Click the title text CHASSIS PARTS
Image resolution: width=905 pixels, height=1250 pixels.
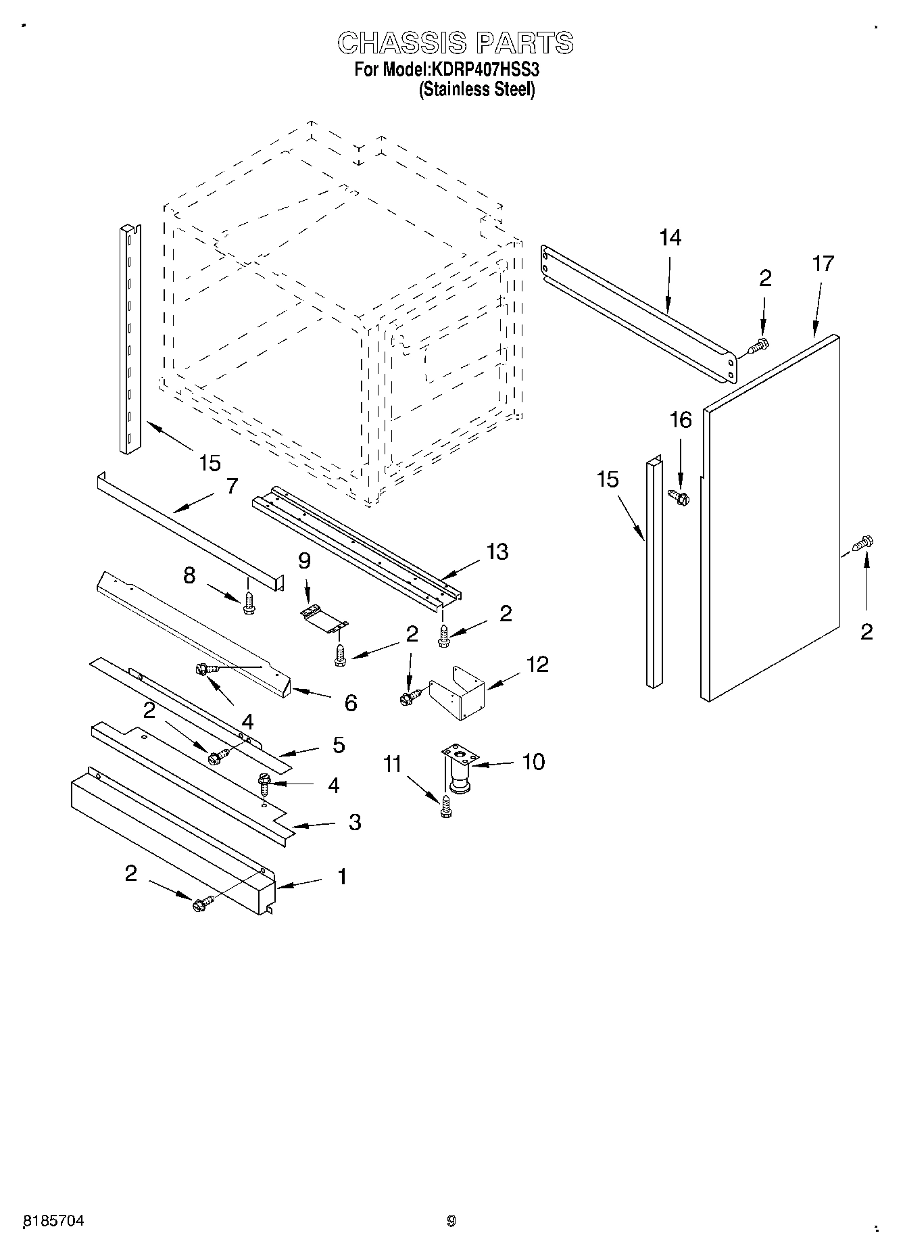pyautogui.click(x=455, y=43)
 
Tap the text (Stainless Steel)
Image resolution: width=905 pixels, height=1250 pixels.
pyautogui.click(x=476, y=89)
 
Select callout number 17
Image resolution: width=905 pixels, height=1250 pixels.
pyautogui.click(x=823, y=264)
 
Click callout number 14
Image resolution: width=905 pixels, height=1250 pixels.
pyautogui.click(x=670, y=238)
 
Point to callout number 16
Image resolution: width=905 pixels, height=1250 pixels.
pyautogui.click(x=680, y=420)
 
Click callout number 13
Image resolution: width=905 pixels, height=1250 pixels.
pyautogui.click(x=497, y=552)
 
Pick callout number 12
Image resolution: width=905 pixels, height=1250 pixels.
pyautogui.click(x=537, y=664)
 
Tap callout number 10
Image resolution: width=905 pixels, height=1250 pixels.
pyautogui.click(x=533, y=762)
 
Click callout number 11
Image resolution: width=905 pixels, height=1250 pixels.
pyautogui.click(x=392, y=765)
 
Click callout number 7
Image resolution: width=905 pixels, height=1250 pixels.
pyautogui.click(x=232, y=485)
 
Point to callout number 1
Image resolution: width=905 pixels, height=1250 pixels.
pyautogui.click(x=342, y=877)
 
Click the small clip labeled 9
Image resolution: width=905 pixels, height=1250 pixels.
pyautogui.click(x=323, y=618)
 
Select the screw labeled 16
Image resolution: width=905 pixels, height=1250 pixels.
pyautogui.click(x=677, y=497)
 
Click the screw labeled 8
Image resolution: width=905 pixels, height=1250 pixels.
pyautogui.click(x=249, y=603)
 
